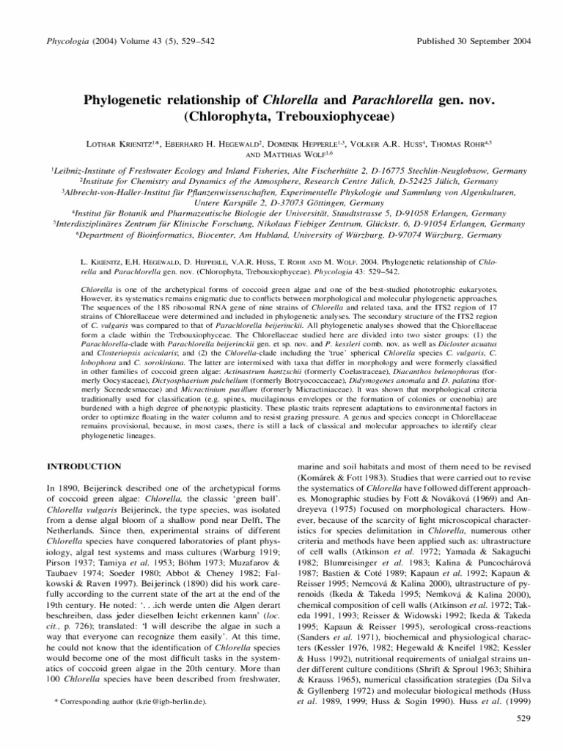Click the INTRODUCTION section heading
[x=85, y=466]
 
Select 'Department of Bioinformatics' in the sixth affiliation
[x=146, y=236]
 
